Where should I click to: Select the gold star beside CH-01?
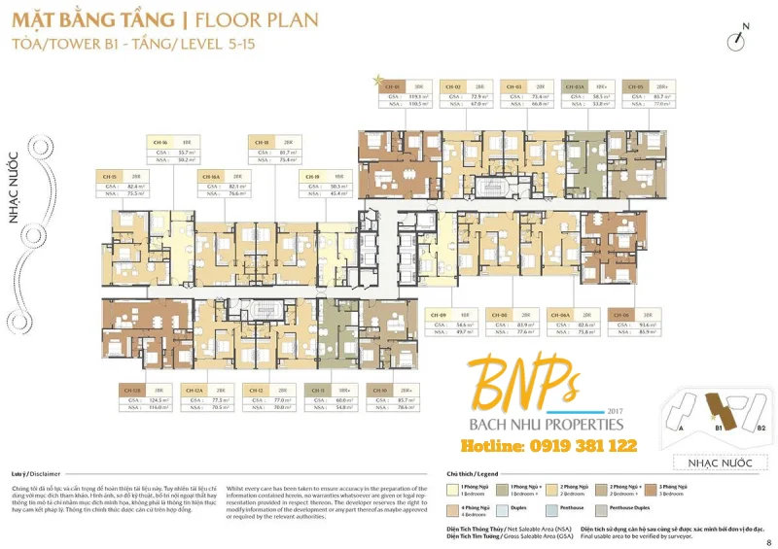coord(377,77)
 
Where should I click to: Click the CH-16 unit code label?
coord(161,141)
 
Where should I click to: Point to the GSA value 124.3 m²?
coord(160,399)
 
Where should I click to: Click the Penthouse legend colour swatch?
coord(554,505)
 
